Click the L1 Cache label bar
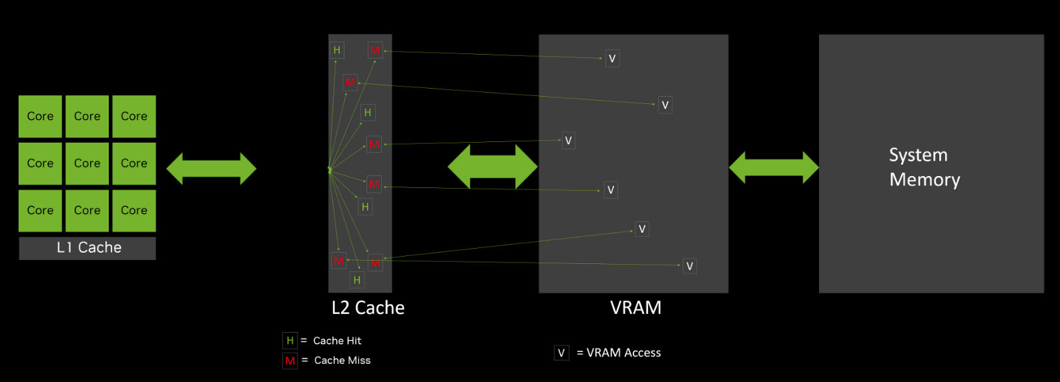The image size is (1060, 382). click(87, 248)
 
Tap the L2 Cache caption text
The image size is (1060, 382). click(368, 307)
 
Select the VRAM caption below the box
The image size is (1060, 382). click(635, 307)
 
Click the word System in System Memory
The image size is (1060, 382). click(918, 155)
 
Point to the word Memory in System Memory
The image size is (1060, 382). click(924, 180)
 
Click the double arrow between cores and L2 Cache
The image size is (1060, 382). click(211, 169)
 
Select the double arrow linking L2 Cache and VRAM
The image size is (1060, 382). click(493, 167)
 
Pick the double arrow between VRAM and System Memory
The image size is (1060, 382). click(774, 167)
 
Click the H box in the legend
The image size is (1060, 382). click(290, 341)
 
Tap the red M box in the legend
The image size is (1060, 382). click(290, 361)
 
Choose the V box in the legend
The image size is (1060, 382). click(561, 353)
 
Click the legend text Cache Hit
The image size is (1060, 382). click(337, 341)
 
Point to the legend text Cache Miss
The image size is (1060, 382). click(342, 361)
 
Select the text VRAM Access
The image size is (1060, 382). click(623, 353)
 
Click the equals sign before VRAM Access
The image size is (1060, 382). click(580, 353)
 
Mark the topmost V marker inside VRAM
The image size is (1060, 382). click(612, 59)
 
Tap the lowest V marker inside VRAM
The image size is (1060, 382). click(690, 266)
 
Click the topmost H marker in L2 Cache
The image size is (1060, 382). click(337, 50)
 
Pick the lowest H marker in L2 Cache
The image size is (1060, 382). click(357, 280)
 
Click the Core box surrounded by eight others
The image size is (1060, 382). click(87, 163)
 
